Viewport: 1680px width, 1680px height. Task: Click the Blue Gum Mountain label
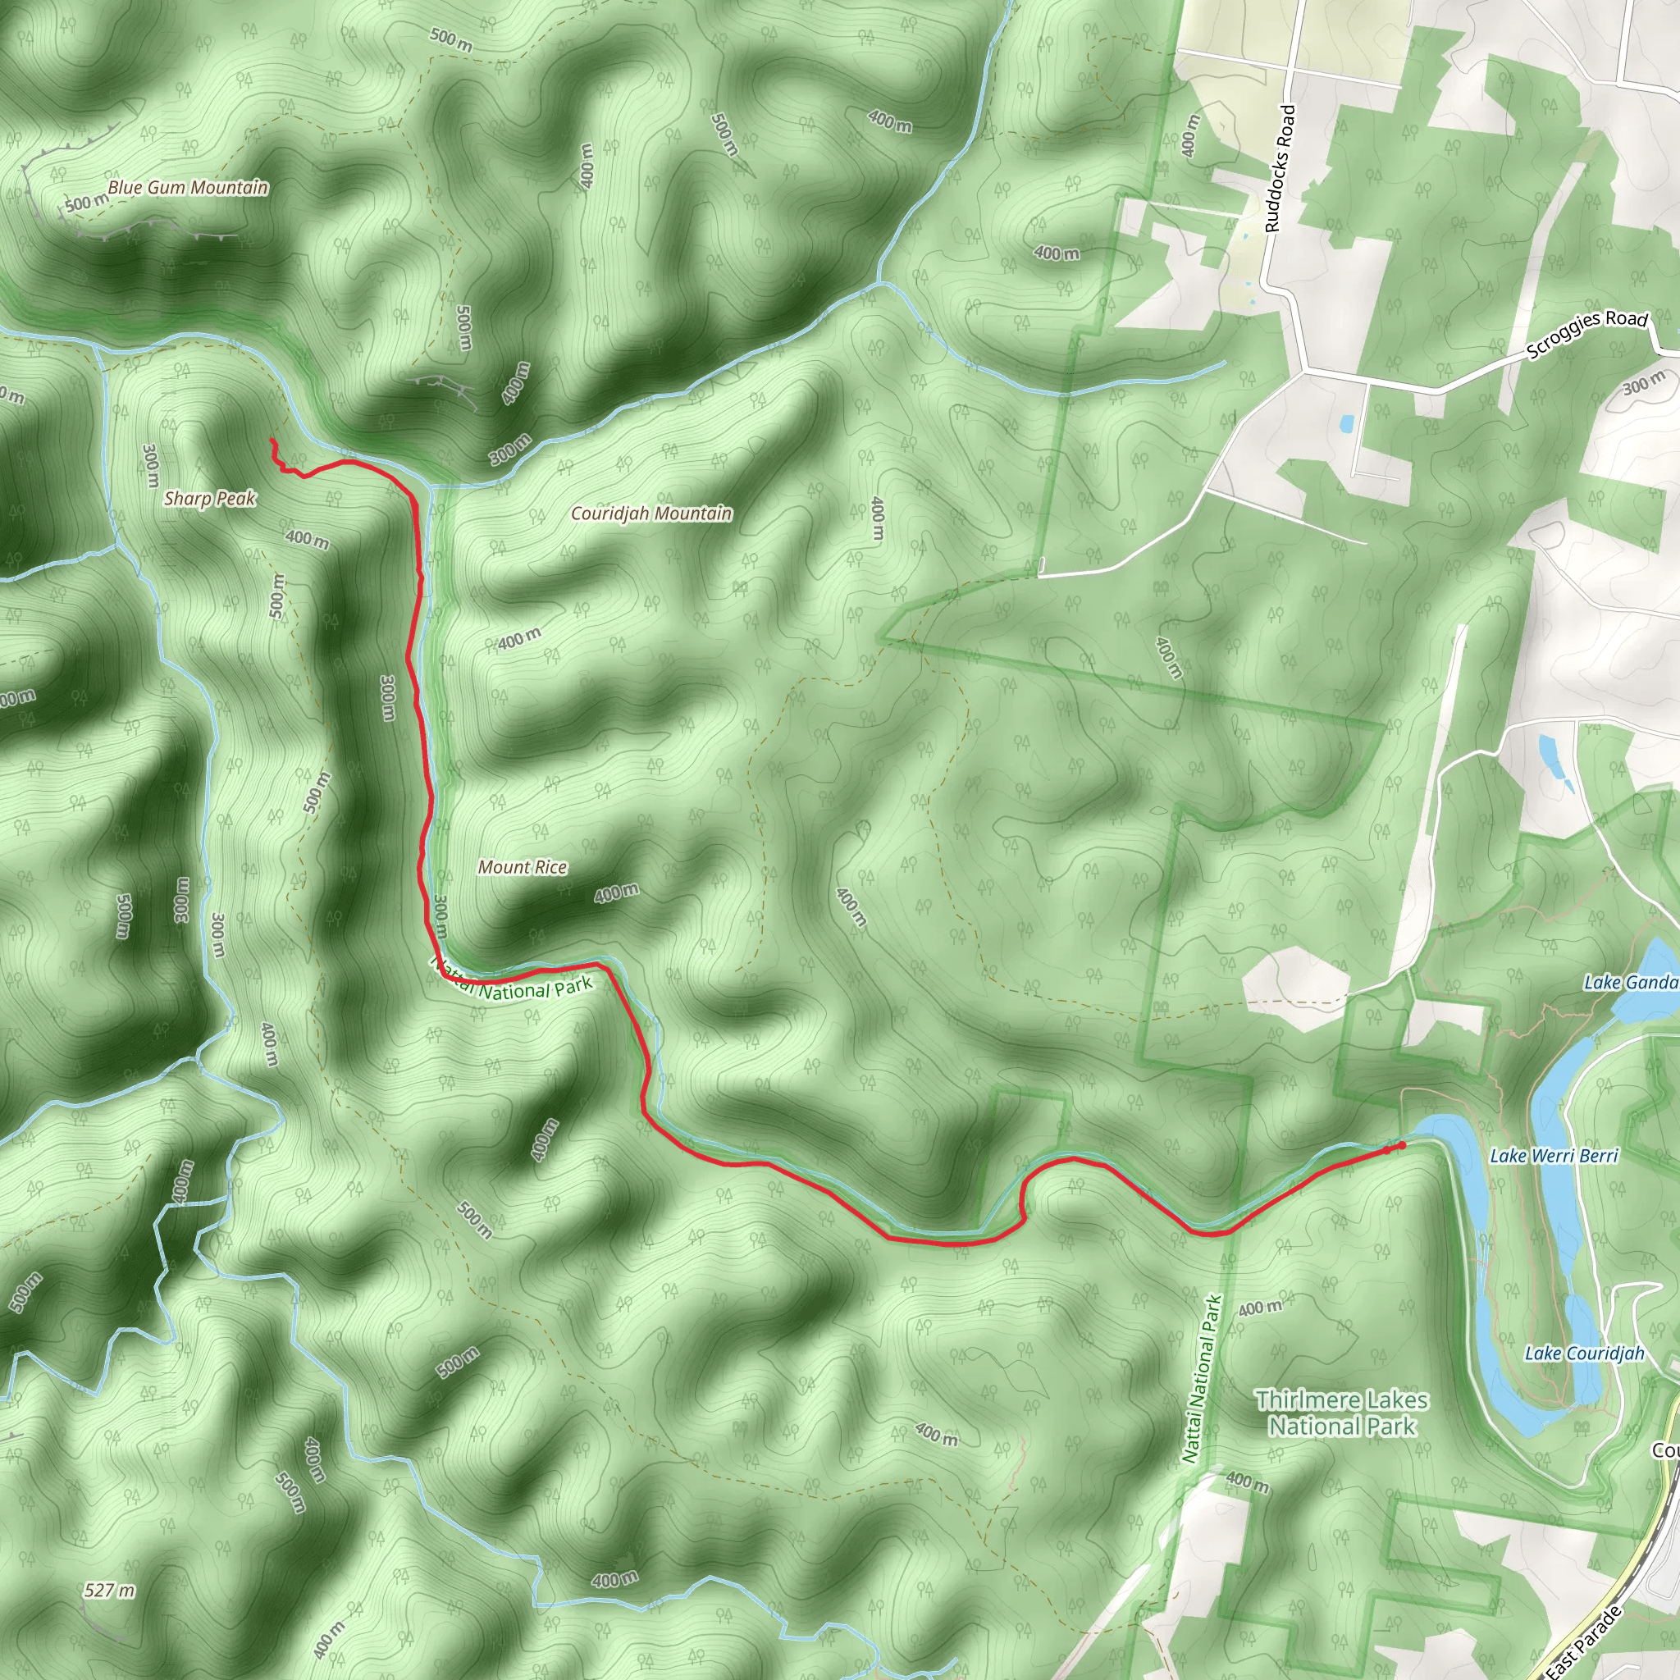188,188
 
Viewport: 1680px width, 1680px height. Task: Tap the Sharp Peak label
209,498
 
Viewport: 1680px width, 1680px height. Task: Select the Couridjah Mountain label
651,514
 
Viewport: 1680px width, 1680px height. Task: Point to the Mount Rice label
522,867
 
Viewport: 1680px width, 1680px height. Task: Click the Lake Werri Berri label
1553,1156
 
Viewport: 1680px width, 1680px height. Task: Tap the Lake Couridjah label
1584,1353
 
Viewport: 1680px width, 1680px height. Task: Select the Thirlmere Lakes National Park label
1342,1413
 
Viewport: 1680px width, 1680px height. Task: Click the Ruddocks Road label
1279,168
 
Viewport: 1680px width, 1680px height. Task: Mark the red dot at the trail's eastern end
1402,1145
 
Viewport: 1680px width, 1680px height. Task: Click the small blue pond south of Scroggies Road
1346,423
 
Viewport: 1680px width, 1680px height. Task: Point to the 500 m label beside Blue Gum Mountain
87,203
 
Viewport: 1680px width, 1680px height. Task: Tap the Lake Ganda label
1630,983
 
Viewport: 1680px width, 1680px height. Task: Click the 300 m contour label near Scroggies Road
1643,382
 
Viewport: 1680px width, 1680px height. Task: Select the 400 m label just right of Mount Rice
617,893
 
